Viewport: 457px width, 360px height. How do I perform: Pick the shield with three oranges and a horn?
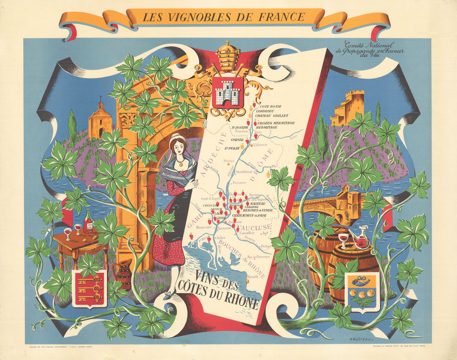point(361,292)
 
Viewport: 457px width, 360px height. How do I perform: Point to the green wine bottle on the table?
point(88,222)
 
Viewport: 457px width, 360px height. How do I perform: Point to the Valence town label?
point(260,145)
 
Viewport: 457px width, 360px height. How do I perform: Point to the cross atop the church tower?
point(101,98)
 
